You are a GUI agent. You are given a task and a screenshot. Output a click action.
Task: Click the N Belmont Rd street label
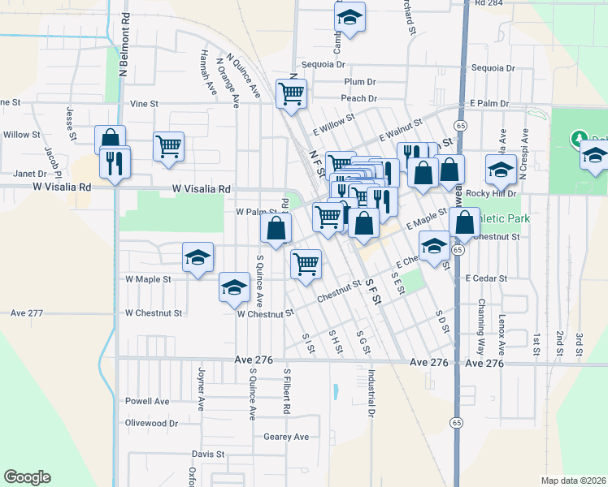click(124, 44)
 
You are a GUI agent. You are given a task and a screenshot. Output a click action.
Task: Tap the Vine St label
click(144, 104)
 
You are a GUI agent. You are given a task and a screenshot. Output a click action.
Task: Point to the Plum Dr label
click(359, 82)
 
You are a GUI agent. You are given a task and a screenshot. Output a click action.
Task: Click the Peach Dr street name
click(358, 98)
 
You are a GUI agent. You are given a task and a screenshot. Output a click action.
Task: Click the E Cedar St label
click(486, 278)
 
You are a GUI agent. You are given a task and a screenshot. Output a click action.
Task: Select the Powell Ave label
click(147, 401)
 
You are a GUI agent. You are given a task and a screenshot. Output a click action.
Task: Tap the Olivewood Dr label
click(151, 423)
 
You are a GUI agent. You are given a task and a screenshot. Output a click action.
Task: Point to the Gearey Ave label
click(286, 437)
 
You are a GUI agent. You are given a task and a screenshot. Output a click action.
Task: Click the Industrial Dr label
click(371, 394)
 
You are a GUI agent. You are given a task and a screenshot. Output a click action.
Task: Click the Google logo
click(27, 477)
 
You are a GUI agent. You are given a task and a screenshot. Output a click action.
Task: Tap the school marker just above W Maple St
click(198, 256)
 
